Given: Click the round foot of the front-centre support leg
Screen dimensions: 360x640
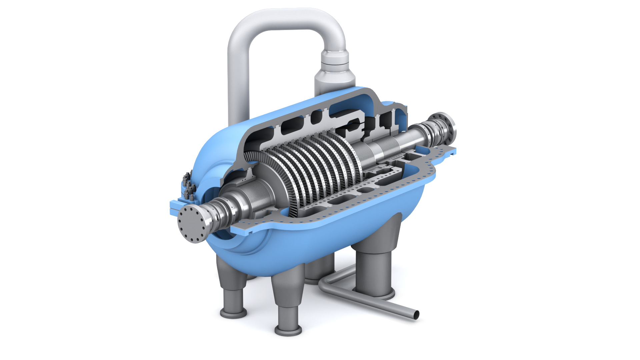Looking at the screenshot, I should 288,330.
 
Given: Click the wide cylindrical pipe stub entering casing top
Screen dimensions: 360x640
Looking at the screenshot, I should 334,82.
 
